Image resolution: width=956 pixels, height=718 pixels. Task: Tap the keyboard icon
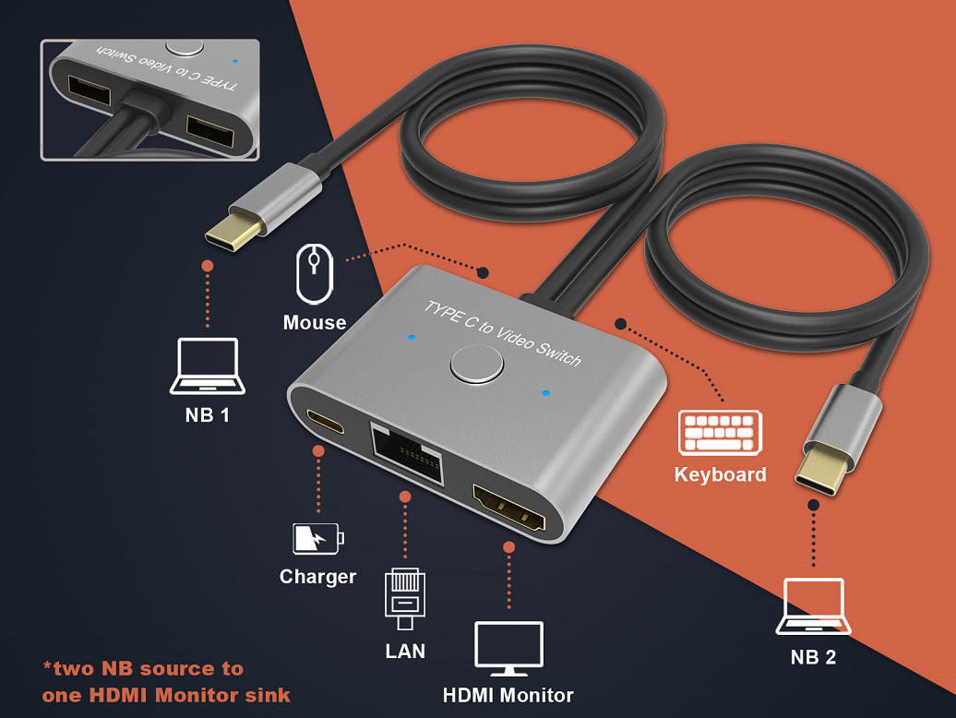pyautogui.click(x=720, y=432)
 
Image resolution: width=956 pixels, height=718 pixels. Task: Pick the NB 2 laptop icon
pyautogui.click(x=812, y=607)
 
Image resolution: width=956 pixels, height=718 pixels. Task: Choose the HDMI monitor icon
pyautogui.click(x=508, y=649)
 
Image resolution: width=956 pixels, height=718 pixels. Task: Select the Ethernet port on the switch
pyautogui.click(x=406, y=451)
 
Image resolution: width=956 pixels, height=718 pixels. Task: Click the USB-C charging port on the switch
pyautogui.click(x=324, y=422)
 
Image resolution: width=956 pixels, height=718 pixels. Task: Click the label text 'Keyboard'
pyautogui.click(x=720, y=475)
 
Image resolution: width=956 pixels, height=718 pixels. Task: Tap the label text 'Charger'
pyautogui.click(x=317, y=577)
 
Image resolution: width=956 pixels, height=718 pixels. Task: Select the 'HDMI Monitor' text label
pyautogui.click(x=508, y=695)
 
